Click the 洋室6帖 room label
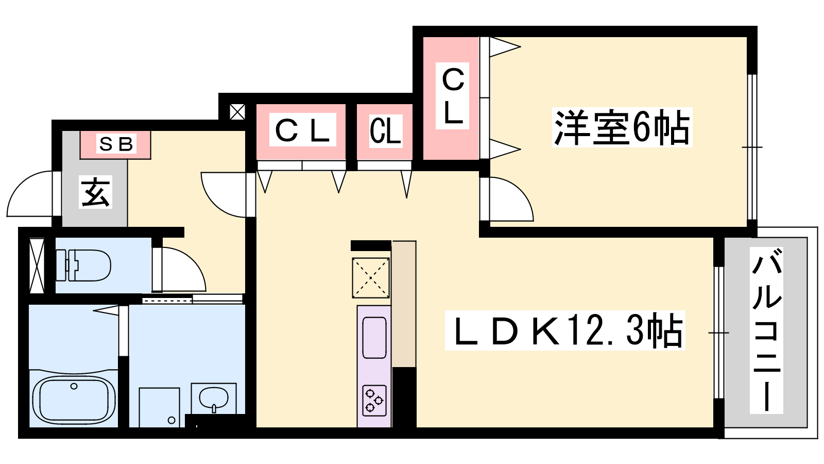tap(621, 127)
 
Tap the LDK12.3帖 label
tap(565, 331)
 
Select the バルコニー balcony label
tap(766, 330)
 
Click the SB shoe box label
tap(116, 144)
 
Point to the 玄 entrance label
tap(95, 192)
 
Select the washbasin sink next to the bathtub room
tap(214, 399)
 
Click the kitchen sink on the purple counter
tap(374, 338)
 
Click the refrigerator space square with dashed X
tap(371, 278)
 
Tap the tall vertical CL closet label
tap(453, 96)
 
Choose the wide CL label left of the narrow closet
tap(302, 130)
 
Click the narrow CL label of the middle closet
tap(385, 131)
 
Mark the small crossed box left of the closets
tap(237, 112)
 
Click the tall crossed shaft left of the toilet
tap(37, 266)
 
